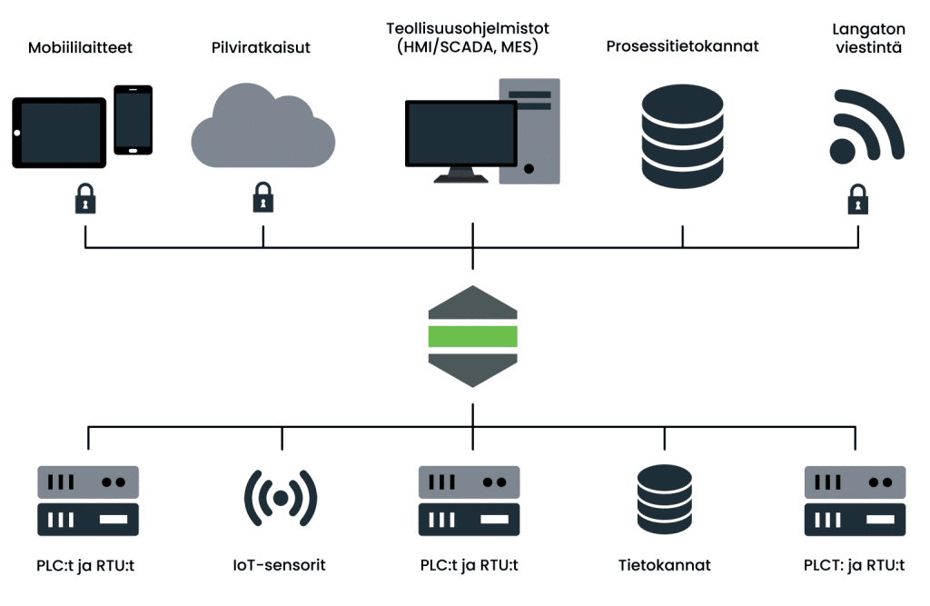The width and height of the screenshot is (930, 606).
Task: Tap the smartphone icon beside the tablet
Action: [x=133, y=120]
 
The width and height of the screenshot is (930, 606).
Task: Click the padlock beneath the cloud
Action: [x=262, y=197]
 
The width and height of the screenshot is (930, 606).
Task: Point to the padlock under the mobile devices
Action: [x=85, y=197]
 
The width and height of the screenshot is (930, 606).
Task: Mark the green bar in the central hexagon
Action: [x=472, y=336]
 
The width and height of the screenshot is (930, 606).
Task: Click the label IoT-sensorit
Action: [x=279, y=565]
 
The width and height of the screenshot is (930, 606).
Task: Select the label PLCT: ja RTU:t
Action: [x=854, y=565]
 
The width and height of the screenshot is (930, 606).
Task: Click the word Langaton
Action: [x=867, y=30]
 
